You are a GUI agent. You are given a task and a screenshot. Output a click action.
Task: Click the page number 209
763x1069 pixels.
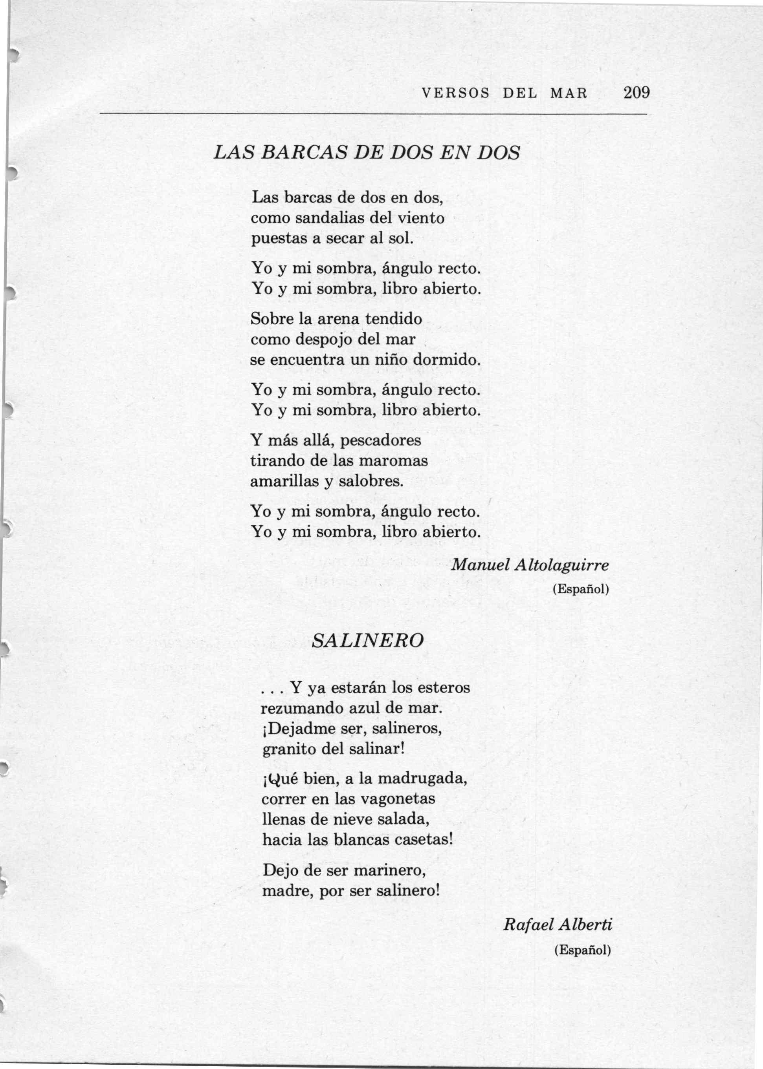coord(636,93)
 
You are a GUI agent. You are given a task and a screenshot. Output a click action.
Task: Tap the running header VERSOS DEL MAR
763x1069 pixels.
coord(504,93)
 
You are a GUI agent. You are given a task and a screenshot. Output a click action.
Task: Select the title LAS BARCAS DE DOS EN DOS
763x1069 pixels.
coord(367,153)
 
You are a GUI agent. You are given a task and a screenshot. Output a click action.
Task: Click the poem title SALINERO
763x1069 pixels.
coord(368,640)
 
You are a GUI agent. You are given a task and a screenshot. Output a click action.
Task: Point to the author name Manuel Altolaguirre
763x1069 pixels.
coord(530,565)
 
